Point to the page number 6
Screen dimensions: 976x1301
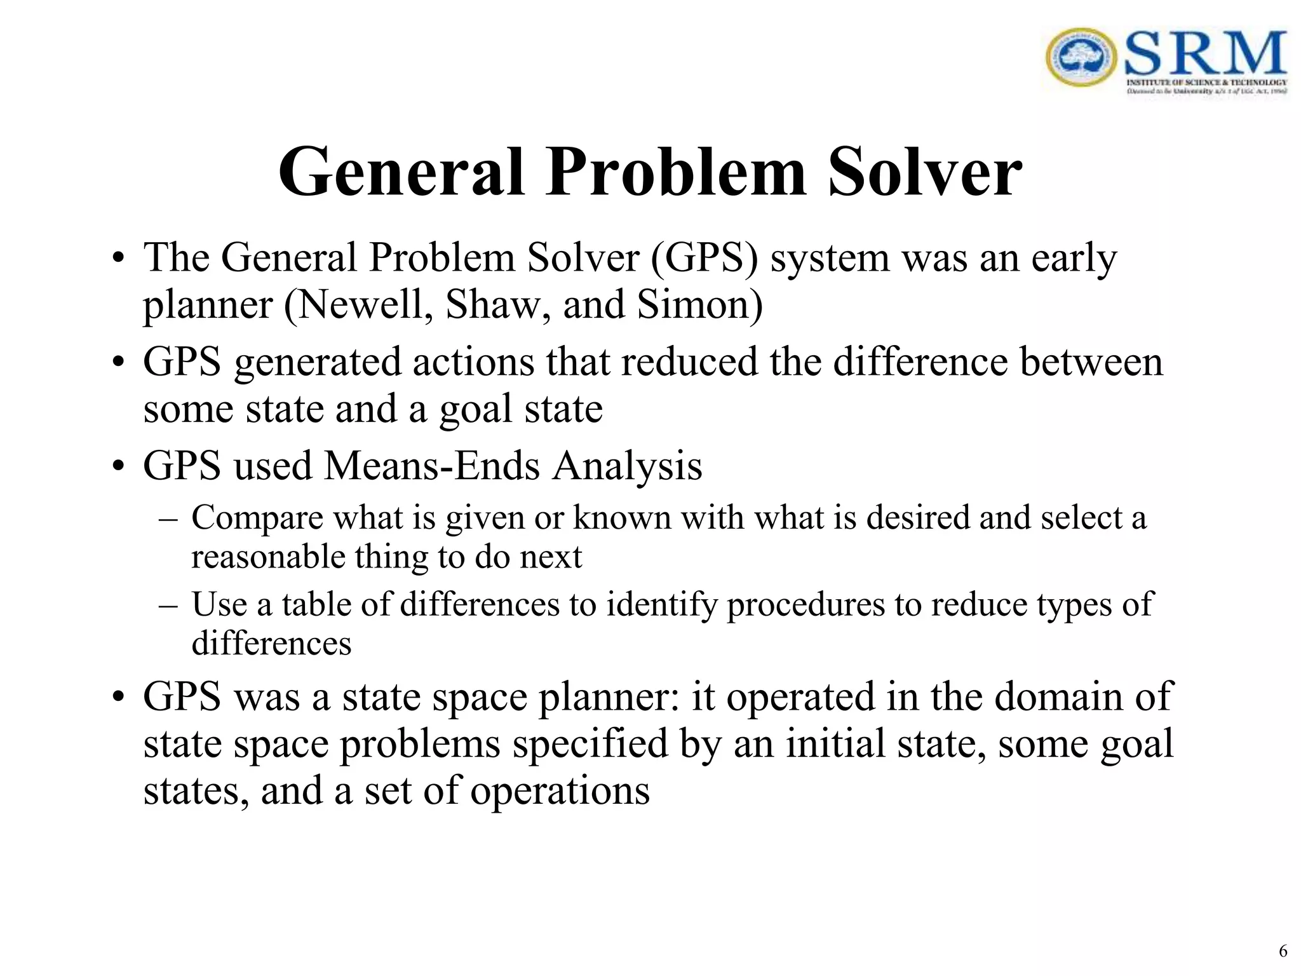pyautogui.click(x=1283, y=951)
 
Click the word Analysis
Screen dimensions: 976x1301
pyautogui.click(x=627, y=466)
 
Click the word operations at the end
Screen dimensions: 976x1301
pyautogui.click(x=560, y=791)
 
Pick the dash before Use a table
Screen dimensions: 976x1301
pyautogui.click(x=168, y=605)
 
